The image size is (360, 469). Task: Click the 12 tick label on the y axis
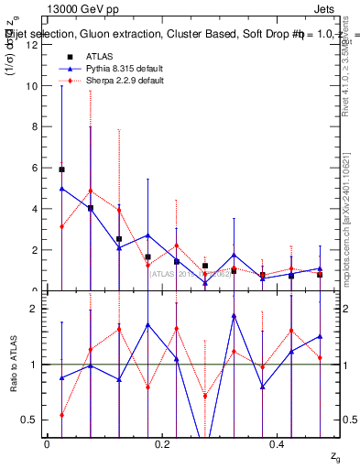pos(33,45)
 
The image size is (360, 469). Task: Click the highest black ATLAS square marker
pos(61,169)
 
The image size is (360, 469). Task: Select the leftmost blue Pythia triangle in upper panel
pos(61,189)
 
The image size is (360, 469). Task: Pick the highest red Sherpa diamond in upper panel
pos(90,191)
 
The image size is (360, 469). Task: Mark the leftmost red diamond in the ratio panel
pos(61,415)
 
